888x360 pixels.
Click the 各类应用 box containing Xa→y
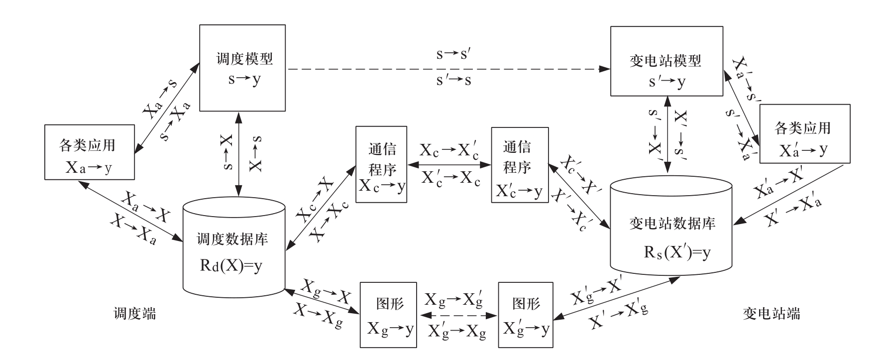point(89,152)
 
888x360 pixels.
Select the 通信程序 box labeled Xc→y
point(382,164)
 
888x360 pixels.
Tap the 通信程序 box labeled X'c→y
point(518,165)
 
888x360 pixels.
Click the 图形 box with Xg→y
point(388,315)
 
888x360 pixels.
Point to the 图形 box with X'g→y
point(526,315)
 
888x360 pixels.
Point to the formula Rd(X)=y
point(230,266)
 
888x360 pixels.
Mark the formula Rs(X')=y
point(677,253)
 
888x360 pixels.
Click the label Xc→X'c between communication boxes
point(449,151)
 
